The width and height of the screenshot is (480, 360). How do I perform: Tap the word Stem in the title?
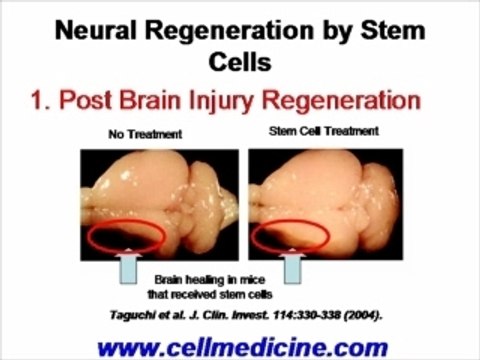pos(393,31)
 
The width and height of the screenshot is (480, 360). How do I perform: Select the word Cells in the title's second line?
pos(239,62)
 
